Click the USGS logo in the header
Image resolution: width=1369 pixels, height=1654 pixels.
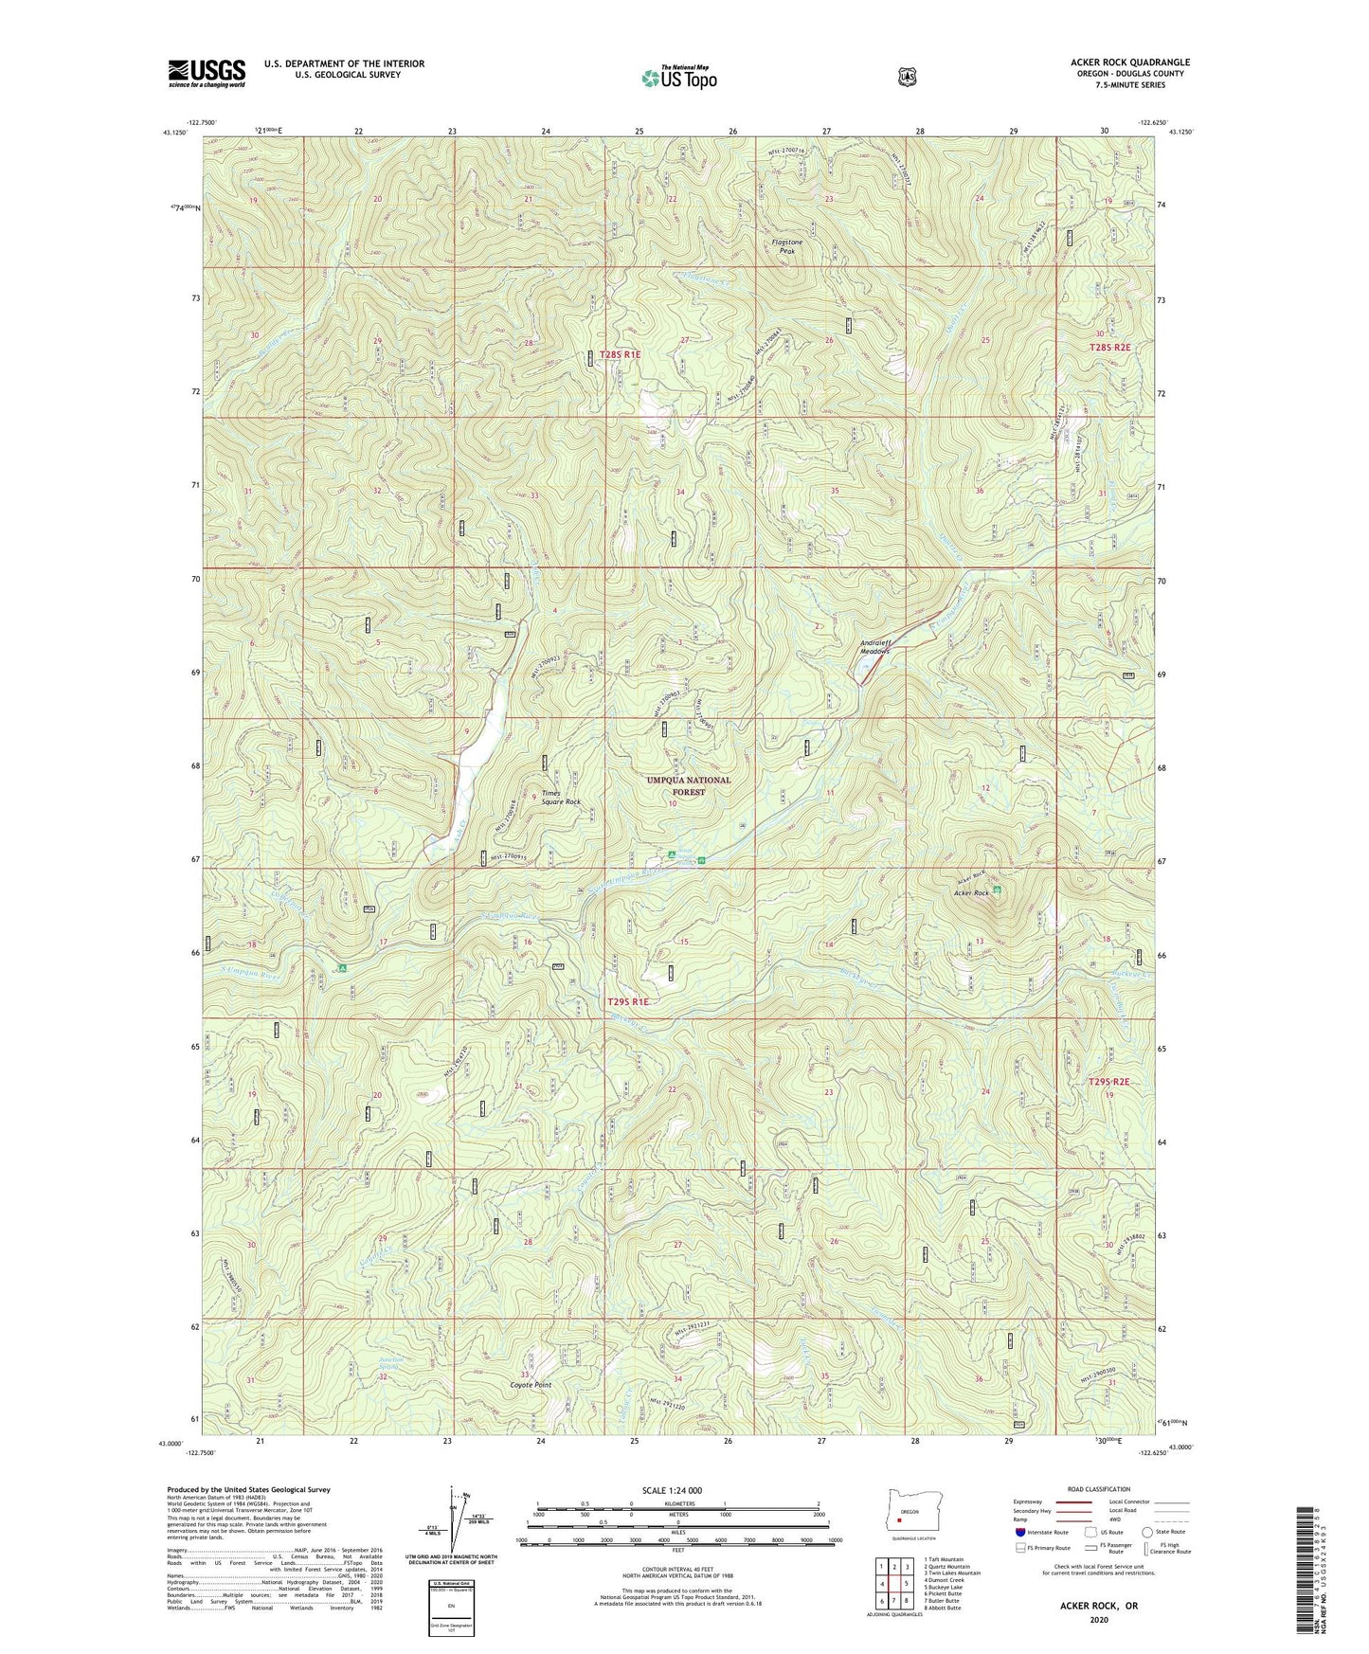click(207, 72)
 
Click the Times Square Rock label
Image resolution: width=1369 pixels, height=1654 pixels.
click(560, 797)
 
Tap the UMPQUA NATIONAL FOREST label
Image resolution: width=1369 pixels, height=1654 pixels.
click(688, 785)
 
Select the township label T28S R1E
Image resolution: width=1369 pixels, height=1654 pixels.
click(620, 354)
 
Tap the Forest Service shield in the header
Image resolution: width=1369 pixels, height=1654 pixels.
click(907, 77)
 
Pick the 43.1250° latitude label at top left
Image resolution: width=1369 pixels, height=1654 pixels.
click(175, 133)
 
